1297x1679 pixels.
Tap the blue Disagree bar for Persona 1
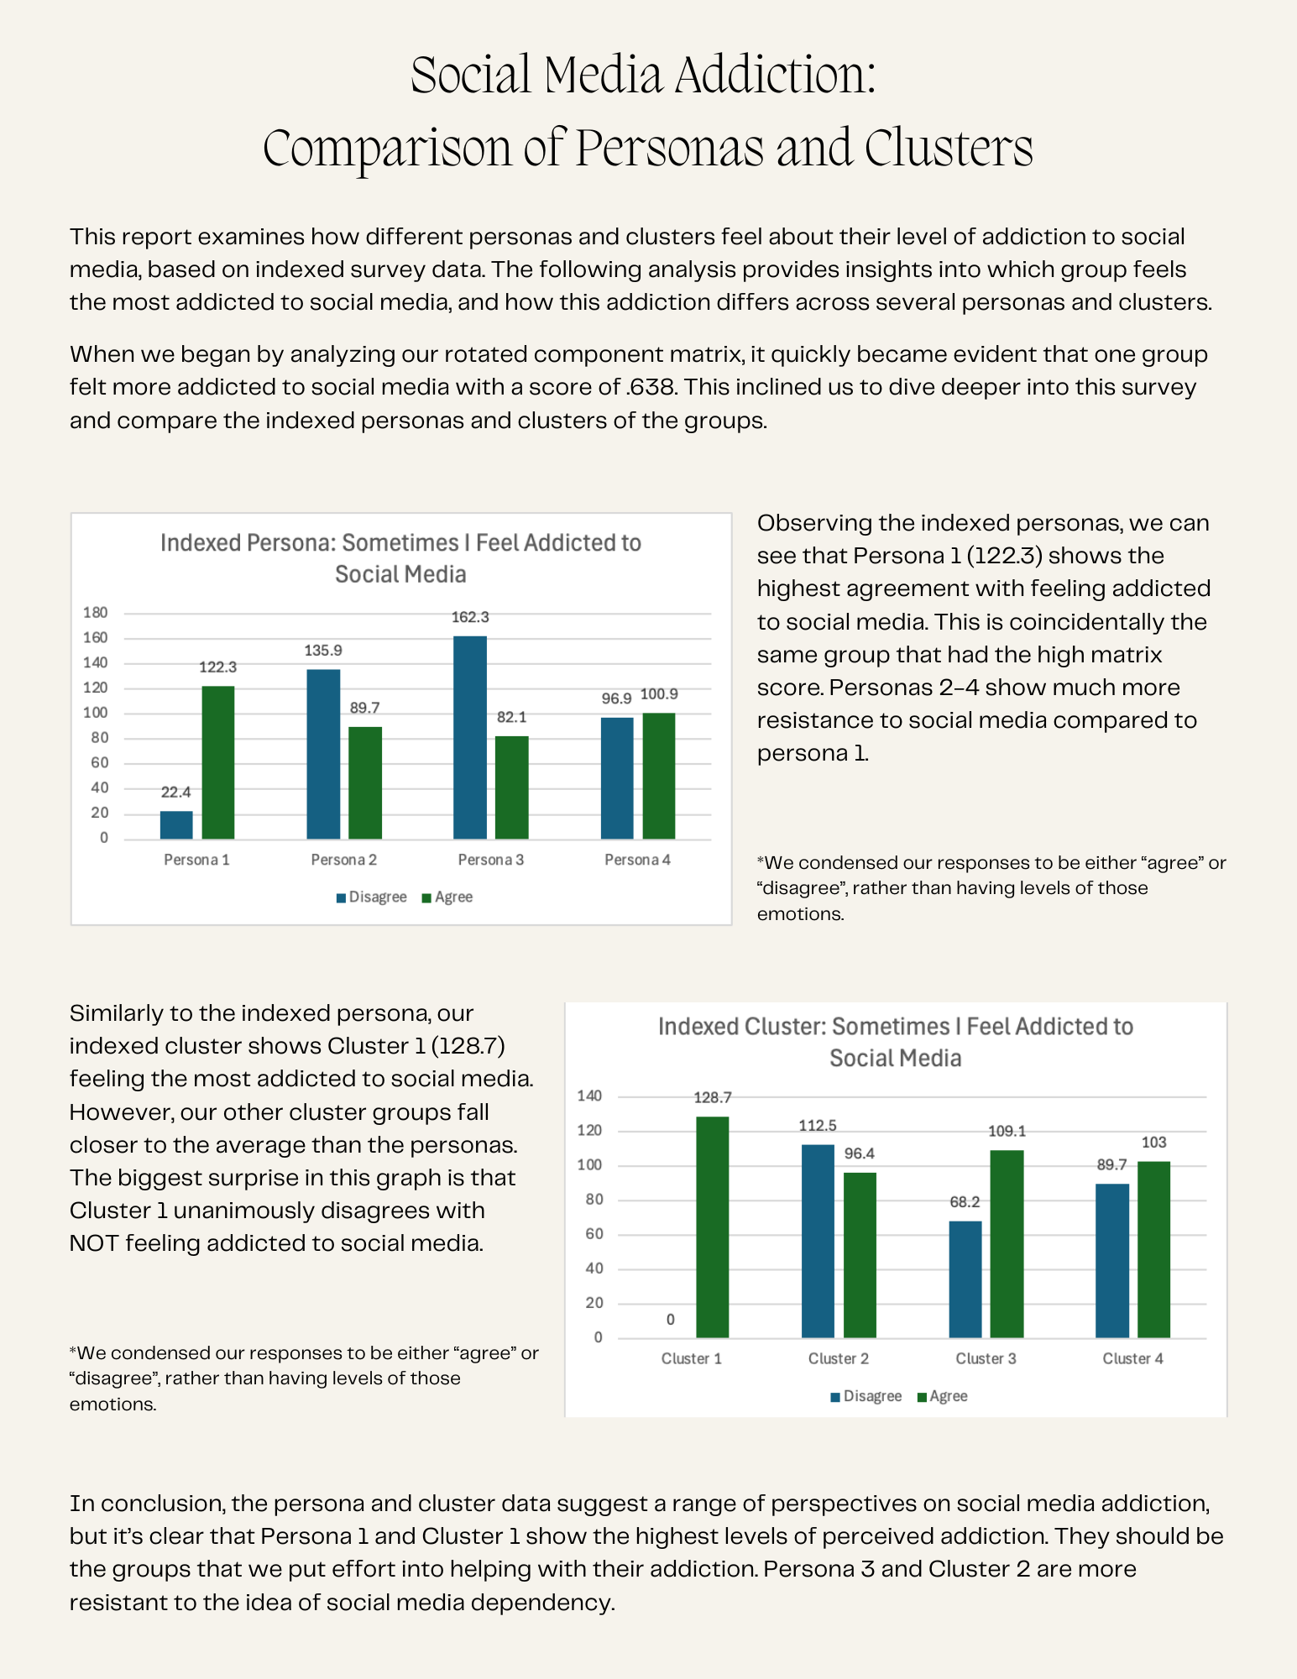[176, 824]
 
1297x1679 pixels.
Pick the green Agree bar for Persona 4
[659, 776]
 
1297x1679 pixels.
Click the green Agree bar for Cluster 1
[713, 1227]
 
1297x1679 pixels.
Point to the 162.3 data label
[470, 617]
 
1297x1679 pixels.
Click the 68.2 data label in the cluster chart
[965, 1202]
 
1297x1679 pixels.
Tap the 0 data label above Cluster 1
[670, 1320]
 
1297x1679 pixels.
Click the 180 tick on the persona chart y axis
[96, 613]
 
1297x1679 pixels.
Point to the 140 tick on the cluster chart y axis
[589, 1096]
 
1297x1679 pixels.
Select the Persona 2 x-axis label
[343, 860]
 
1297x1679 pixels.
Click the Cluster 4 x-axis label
[1132, 1358]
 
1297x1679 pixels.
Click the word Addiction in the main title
[775, 76]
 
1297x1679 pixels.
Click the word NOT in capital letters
[95, 1242]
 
